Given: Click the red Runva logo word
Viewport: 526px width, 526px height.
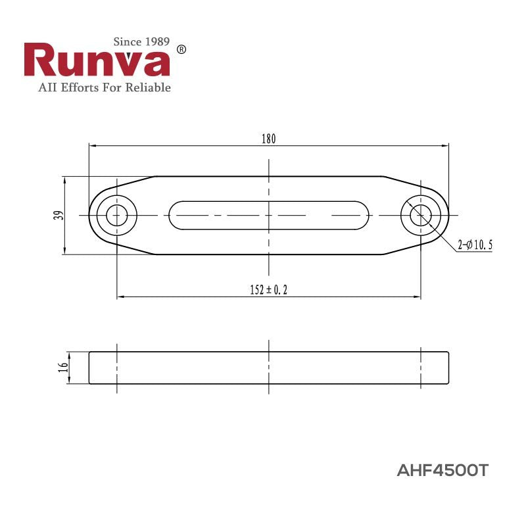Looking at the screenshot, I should [x=97, y=62].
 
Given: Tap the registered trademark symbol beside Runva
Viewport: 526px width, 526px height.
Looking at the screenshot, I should [x=182, y=50].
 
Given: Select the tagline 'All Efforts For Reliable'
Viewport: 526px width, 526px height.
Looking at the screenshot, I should [x=97, y=87].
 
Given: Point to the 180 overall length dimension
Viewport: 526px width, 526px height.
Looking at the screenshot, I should [x=268, y=139].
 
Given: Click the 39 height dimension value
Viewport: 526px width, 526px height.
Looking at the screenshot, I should [x=59, y=215].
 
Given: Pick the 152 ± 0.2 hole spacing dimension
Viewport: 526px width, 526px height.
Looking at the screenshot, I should [x=268, y=290].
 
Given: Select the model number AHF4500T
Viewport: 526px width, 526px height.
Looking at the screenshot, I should [x=443, y=471].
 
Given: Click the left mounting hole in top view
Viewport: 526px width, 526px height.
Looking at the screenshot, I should [x=117, y=215].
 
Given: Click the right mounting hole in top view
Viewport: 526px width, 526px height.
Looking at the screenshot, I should [x=421, y=215].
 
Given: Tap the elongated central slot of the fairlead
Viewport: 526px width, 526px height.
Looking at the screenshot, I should [x=268, y=215].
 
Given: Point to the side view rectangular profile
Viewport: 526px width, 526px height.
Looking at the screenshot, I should [x=268, y=368].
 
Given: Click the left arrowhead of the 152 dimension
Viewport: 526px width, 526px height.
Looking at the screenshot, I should [x=120, y=297].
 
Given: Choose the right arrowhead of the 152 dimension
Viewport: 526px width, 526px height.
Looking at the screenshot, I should [x=418, y=297].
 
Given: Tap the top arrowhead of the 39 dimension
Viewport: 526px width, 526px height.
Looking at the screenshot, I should [x=64, y=179].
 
